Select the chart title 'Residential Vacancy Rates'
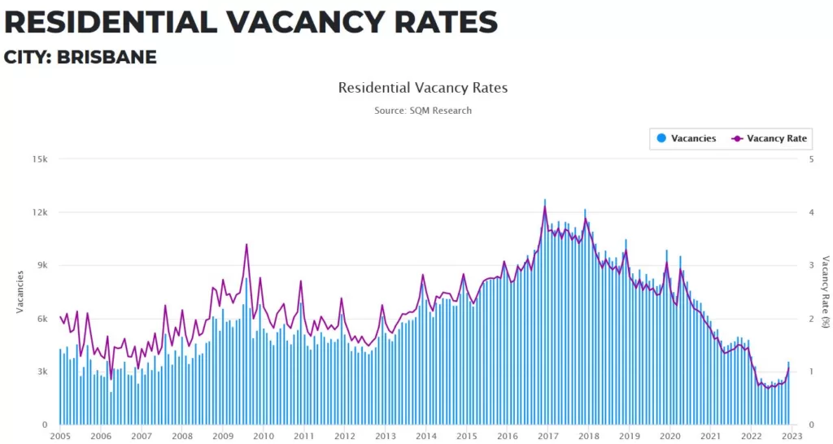click(422, 87)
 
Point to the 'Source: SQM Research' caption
click(422, 110)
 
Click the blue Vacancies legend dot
click(661, 138)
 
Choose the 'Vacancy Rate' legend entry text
click(777, 138)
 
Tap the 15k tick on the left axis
click(40, 159)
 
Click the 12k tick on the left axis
click(40, 212)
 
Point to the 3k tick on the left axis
click(41, 372)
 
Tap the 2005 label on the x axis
click(59, 437)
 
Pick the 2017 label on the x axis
click(547, 437)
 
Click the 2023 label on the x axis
click(790, 437)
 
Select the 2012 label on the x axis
click(343, 437)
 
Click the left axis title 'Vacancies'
click(20, 292)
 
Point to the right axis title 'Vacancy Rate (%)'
click(824, 292)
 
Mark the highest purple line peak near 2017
click(545, 207)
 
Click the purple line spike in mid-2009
click(246, 245)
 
